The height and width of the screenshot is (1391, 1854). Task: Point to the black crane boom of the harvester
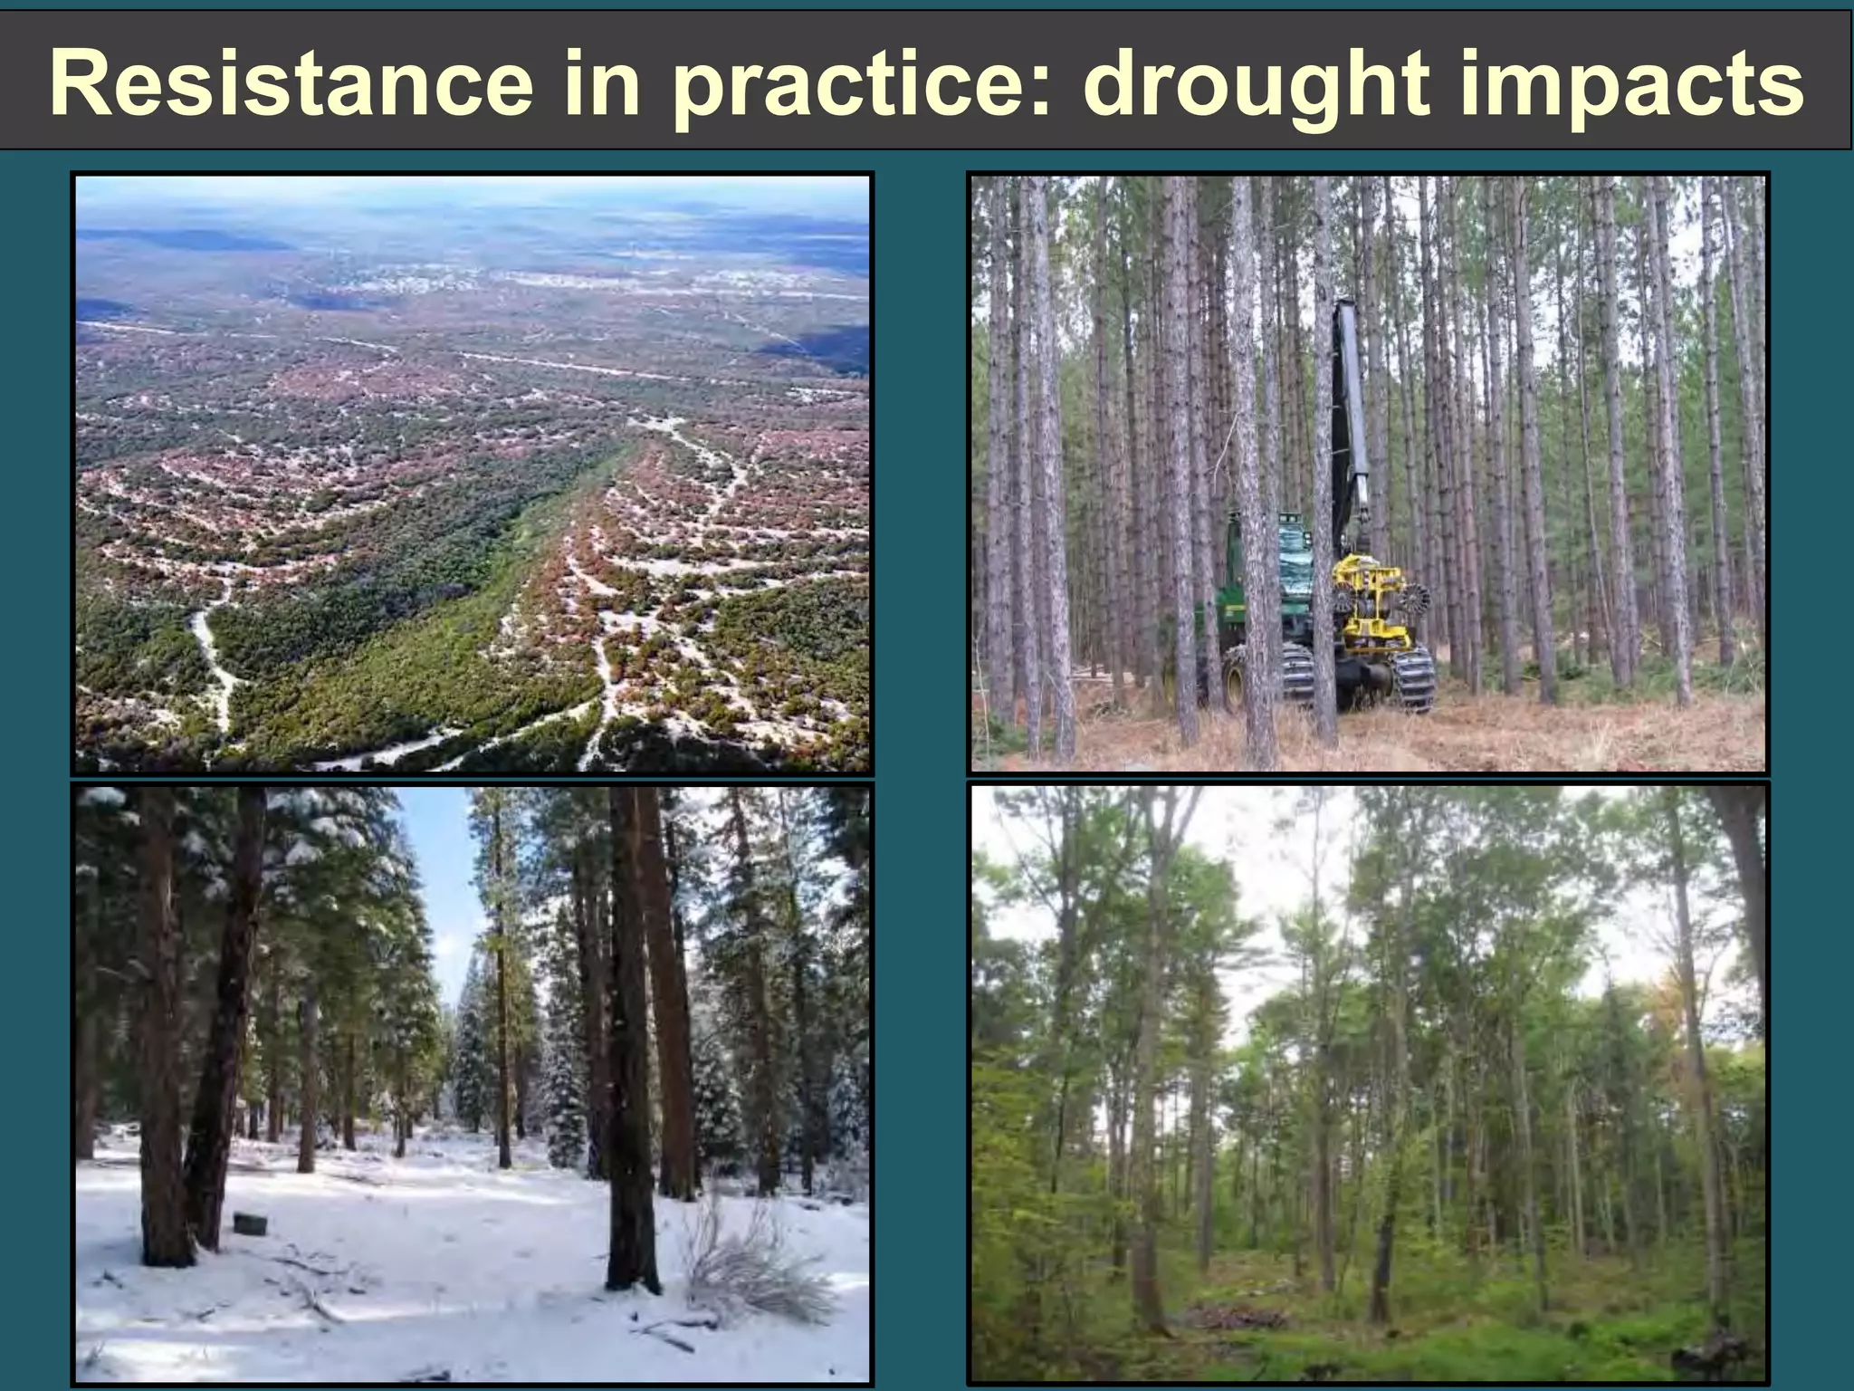click(x=1349, y=408)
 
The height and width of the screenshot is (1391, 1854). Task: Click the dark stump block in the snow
click(x=250, y=1224)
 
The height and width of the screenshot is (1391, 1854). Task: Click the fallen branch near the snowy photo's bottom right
click(x=670, y=1332)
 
